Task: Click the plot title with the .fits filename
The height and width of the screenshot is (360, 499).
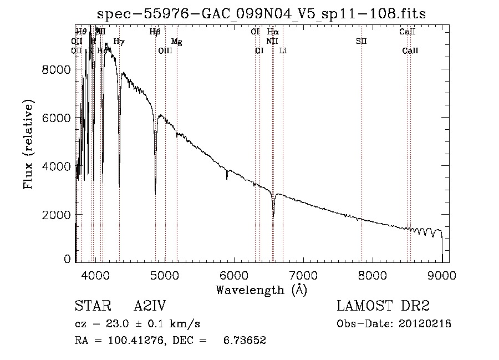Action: click(x=262, y=14)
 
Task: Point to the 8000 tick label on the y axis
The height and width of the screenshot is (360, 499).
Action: click(x=56, y=69)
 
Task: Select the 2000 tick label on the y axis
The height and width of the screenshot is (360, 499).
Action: click(x=56, y=215)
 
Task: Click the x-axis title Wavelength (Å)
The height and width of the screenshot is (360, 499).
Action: click(x=261, y=289)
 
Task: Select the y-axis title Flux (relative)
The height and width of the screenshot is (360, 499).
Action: click(x=28, y=144)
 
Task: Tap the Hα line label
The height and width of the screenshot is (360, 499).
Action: click(x=273, y=32)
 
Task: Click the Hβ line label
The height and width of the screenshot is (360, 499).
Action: click(x=155, y=32)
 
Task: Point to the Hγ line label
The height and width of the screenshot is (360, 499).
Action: click(x=119, y=41)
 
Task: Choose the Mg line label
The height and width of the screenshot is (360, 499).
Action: click(x=176, y=41)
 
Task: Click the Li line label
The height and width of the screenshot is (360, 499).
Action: click(x=283, y=50)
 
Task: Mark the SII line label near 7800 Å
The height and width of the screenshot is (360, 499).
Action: click(x=361, y=41)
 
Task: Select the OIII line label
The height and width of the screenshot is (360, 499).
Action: click(x=165, y=50)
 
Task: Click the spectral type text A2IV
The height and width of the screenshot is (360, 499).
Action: click(x=150, y=306)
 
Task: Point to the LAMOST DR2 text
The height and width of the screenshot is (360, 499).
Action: click(x=383, y=306)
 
